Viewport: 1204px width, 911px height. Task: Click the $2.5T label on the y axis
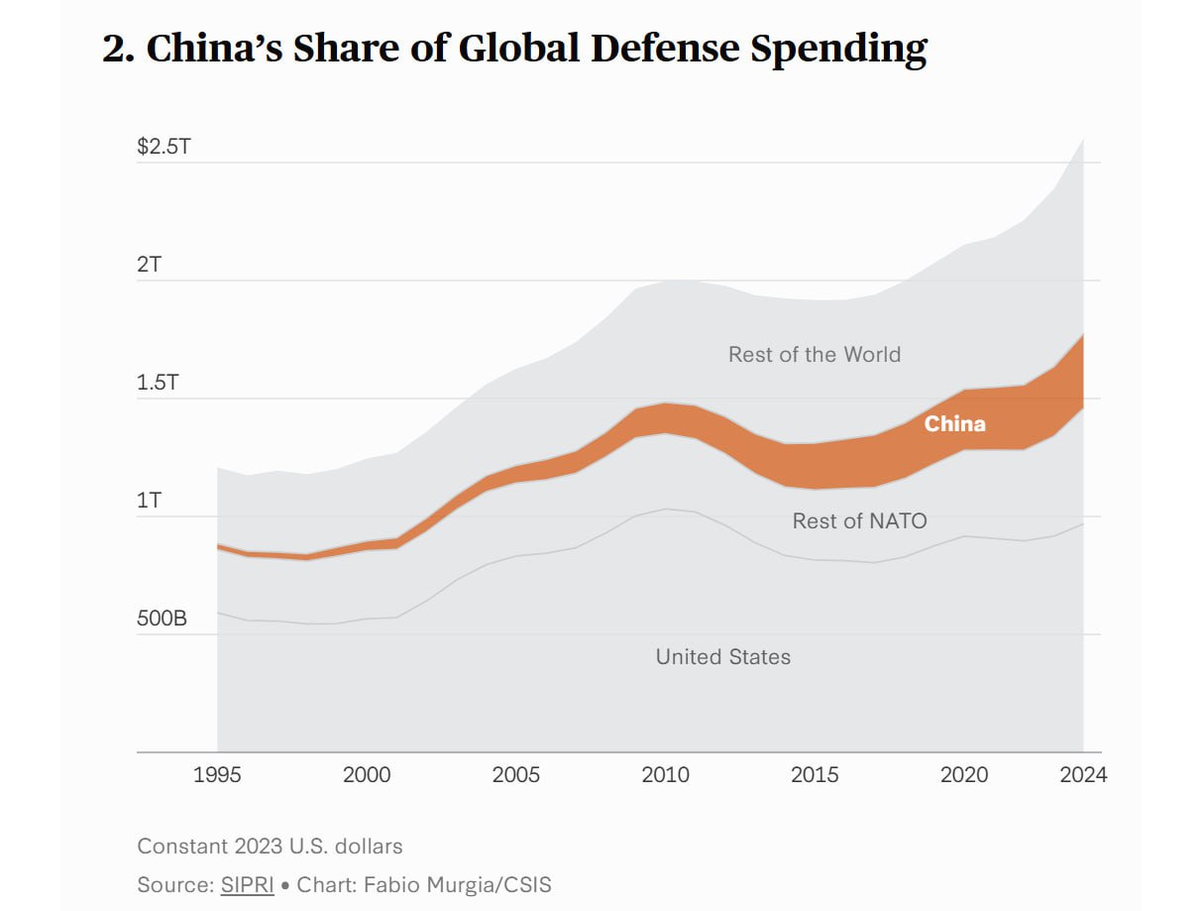tap(164, 148)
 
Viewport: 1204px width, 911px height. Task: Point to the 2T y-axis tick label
tap(150, 266)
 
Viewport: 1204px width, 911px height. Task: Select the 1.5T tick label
tap(158, 383)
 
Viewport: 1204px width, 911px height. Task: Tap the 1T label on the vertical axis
tap(150, 501)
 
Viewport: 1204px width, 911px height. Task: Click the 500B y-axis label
tap(163, 619)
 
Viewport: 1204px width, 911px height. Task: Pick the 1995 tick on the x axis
tap(217, 774)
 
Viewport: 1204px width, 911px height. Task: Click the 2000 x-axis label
tap(367, 774)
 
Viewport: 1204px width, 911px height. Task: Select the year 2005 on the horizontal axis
tap(516, 774)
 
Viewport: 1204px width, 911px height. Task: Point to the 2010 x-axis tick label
tap(666, 774)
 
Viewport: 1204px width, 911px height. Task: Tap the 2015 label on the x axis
tap(815, 774)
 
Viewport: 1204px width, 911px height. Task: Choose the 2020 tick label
tap(964, 774)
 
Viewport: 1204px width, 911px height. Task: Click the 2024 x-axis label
tap(1082, 774)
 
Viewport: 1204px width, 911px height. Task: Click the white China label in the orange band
tap(955, 424)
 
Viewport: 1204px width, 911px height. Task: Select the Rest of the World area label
tap(815, 355)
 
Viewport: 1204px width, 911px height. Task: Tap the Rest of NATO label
tap(859, 520)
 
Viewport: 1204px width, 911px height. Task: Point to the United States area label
tap(723, 656)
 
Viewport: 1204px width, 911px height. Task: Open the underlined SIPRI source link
tap(248, 884)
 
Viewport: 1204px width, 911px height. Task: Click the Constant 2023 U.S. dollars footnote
tap(270, 847)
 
